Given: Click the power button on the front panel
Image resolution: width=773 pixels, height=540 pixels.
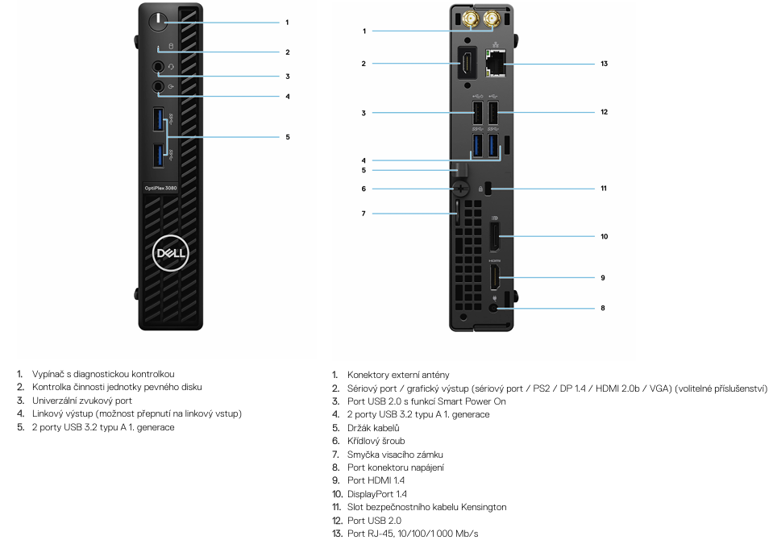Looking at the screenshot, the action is click(158, 22).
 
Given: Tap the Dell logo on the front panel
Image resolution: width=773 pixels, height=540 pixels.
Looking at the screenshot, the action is click(171, 253).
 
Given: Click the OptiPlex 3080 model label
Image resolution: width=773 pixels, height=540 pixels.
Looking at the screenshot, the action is click(160, 188).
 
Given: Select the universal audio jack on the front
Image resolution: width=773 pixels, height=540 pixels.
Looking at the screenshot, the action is click(158, 66).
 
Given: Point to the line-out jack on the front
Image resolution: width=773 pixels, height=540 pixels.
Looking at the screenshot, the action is click(158, 86).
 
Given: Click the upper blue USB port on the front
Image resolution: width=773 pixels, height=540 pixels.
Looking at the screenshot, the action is click(158, 119).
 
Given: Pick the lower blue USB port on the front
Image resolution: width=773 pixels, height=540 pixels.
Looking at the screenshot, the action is click(158, 156).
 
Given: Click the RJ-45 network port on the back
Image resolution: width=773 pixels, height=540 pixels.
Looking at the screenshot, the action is click(496, 63).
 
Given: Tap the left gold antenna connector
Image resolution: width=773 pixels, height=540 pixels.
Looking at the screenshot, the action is click(471, 19).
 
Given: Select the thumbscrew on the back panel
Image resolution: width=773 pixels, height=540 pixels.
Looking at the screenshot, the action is click(460, 189).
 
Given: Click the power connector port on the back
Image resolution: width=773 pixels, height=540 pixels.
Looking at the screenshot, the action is click(494, 308).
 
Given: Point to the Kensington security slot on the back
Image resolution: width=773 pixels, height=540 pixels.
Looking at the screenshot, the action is click(488, 189).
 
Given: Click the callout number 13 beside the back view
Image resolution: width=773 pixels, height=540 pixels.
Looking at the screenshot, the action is click(604, 64).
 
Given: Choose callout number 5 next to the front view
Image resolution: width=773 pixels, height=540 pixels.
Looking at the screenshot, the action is click(288, 137).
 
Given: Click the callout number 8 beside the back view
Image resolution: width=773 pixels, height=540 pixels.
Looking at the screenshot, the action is click(602, 308).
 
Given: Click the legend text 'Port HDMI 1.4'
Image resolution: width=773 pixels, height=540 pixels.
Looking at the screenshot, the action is click(376, 480).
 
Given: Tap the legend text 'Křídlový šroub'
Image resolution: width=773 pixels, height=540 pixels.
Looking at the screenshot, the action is click(376, 441).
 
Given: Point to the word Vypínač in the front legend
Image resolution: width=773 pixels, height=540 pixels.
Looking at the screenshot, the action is click(48, 374).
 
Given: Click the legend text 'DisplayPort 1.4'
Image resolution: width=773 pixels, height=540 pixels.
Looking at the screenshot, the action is click(377, 494).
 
